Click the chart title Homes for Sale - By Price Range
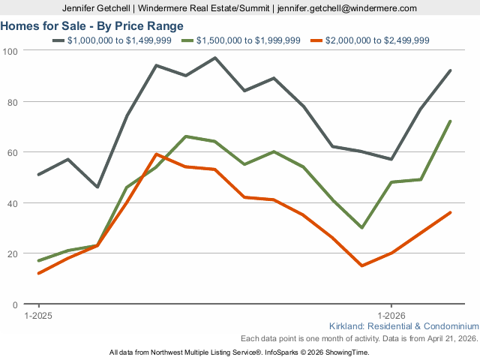point(92,26)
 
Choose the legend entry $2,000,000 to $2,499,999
point(379,40)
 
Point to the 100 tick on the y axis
point(11,50)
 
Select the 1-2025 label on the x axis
point(38,316)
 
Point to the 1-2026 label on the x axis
point(391,316)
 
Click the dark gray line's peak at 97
point(215,58)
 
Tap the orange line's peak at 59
point(156,154)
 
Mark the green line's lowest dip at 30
point(362,227)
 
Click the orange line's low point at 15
point(362,265)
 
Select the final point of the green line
point(450,121)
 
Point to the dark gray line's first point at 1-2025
point(38,175)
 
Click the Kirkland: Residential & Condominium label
point(403,326)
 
